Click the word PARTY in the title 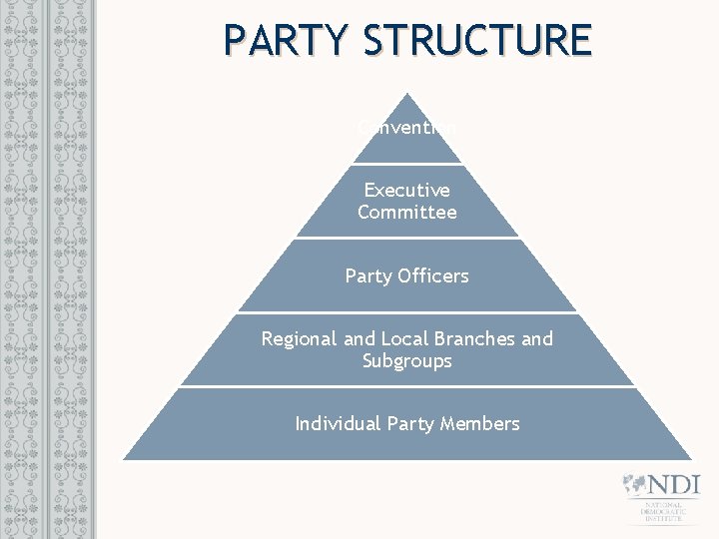pos(287,41)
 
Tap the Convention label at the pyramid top pos(407,128)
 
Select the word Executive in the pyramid pos(406,190)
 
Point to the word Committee pos(406,212)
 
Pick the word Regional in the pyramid pos(299,338)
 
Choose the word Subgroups pos(406,360)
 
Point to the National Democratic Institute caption pos(661,513)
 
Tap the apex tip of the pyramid pos(406,95)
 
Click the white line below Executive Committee pos(406,238)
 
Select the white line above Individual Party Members pos(406,387)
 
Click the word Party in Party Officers pos(364,275)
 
